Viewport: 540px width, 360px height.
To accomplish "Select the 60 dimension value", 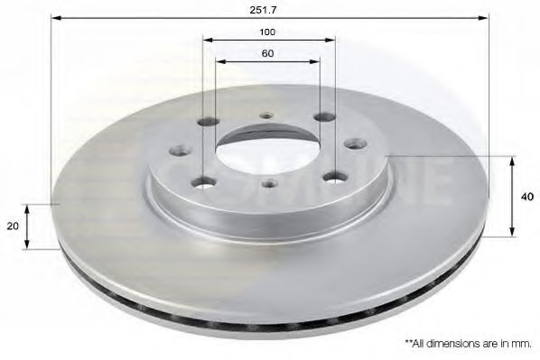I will tap(268, 53).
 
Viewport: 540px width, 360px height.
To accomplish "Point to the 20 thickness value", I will tap(13, 226).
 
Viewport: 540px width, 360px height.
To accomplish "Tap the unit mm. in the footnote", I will tap(523, 344).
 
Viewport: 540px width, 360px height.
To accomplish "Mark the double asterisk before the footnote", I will tap(409, 343).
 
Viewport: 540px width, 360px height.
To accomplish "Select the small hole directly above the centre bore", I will tap(265, 115).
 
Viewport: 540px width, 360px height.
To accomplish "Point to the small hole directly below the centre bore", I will tap(267, 184).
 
